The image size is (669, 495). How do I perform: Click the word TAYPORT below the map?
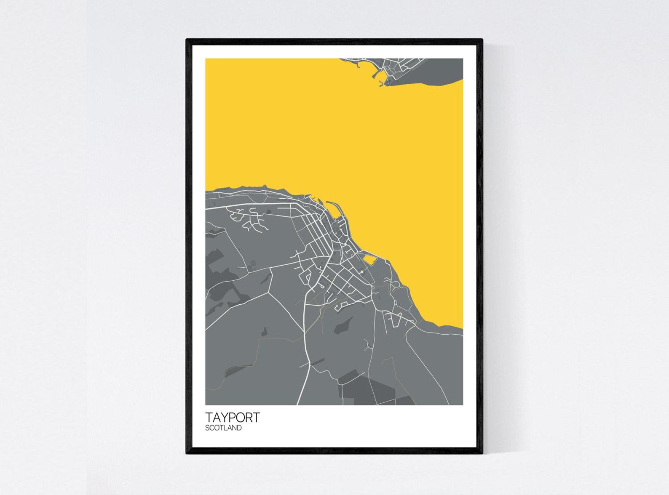click(x=233, y=417)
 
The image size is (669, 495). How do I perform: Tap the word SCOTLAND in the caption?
click(x=223, y=428)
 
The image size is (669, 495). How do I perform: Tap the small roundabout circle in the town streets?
click(x=362, y=273)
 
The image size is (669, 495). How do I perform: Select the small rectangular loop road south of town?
click(x=341, y=305)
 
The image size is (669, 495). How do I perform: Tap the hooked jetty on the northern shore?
click(x=375, y=76)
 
